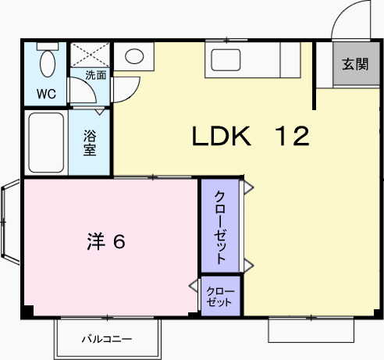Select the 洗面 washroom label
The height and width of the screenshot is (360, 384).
pos(96,76)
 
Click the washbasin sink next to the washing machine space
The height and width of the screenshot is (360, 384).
pos(135,56)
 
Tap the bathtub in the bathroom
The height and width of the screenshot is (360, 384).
pos(45,143)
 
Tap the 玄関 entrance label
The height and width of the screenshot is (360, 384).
pos(354,66)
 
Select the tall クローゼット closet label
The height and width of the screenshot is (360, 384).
pos(221,226)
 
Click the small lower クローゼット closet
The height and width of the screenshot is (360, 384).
pos(220,296)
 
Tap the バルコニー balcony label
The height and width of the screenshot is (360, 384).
pos(107,340)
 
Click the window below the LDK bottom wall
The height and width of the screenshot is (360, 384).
pos(311,329)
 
